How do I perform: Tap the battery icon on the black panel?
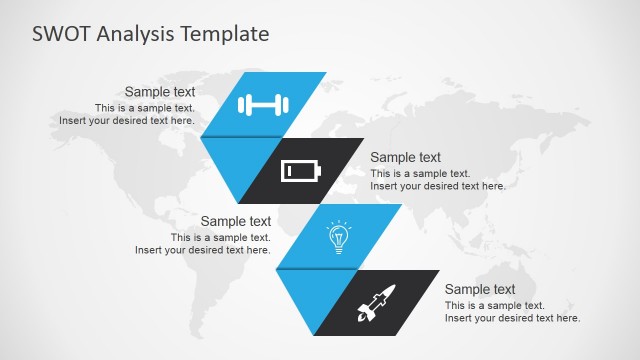coord(301,171)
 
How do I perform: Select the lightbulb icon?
coord(339,237)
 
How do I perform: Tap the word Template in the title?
coord(229,34)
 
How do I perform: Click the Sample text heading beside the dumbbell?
coord(159,91)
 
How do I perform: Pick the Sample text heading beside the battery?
coord(405,157)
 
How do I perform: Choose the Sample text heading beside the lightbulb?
coord(235,221)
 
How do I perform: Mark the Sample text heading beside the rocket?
coord(480,289)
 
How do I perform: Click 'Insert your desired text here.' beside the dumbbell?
coord(126,120)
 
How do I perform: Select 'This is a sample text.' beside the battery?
coord(420,173)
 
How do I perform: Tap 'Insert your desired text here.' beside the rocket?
coord(512,318)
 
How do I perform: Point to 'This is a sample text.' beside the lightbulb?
coord(220,238)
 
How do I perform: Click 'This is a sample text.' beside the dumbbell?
coord(145,108)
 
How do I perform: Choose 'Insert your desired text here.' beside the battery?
coord(438,185)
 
